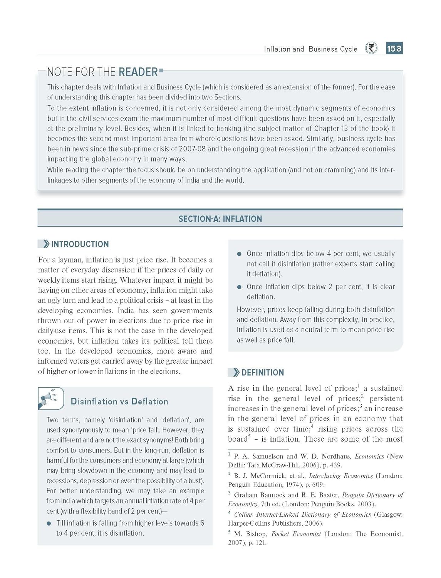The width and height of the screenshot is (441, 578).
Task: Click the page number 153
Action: click(x=394, y=49)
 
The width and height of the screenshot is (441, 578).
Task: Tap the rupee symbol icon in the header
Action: click(x=371, y=48)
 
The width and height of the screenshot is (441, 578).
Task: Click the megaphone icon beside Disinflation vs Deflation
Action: click(x=50, y=398)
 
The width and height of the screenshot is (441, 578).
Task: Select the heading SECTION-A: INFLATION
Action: click(x=220, y=219)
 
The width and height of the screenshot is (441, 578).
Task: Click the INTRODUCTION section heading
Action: click(x=80, y=244)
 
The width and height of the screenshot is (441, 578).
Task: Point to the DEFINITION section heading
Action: click(x=262, y=372)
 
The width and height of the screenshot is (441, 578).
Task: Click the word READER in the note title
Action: click(x=138, y=72)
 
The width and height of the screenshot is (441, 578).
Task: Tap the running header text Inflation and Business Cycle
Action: click(x=310, y=49)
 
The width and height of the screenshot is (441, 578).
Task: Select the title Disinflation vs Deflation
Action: click(x=119, y=402)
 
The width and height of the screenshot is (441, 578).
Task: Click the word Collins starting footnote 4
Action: click(x=244, y=514)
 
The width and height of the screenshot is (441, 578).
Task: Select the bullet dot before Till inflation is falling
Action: click(x=49, y=523)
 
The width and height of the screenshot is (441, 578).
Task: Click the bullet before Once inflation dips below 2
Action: click(x=239, y=287)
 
